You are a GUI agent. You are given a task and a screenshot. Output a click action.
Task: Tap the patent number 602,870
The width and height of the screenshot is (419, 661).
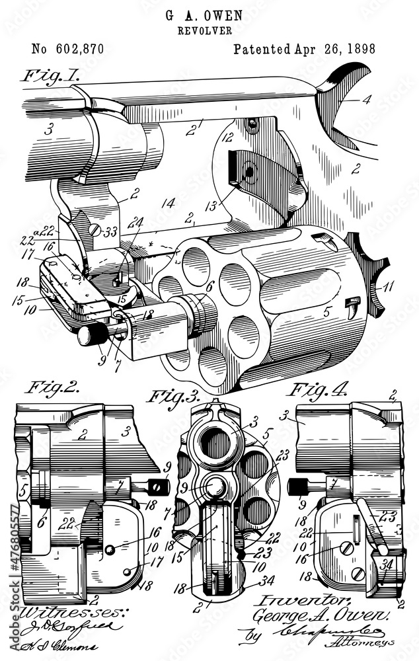[x=67, y=50]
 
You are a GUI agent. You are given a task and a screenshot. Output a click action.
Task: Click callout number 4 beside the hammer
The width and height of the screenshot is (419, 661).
[x=366, y=100]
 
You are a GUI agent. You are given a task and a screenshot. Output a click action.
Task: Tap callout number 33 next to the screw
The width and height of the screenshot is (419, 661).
[x=109, y=231]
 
